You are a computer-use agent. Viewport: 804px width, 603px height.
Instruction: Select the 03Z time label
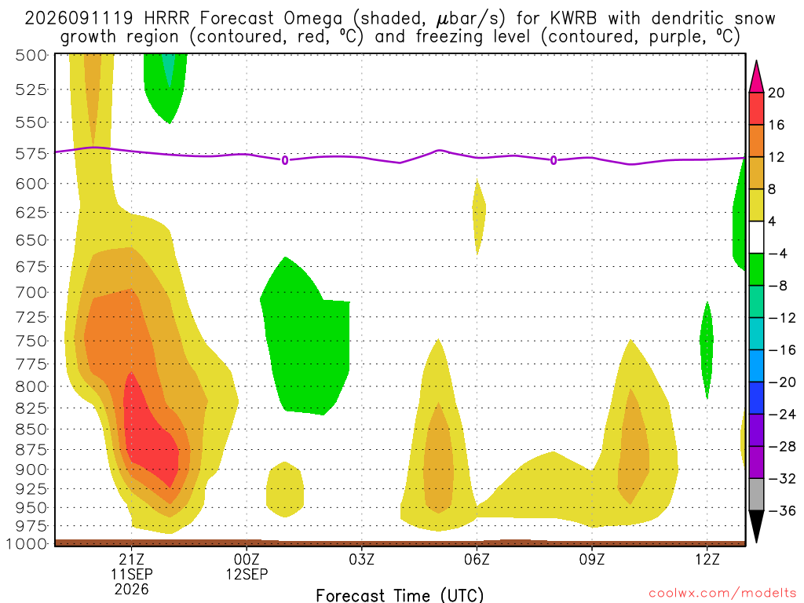pyautogui.click(x=361, y=559)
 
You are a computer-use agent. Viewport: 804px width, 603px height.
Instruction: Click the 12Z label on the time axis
pyautogui.click(x=707, y=559)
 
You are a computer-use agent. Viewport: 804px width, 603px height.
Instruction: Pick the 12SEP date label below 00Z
pyautogui.click(x=247, y=574)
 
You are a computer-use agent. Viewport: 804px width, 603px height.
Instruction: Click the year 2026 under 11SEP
pyautogui.click(x=132, y=590)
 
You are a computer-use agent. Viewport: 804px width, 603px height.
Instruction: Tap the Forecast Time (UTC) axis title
pyautogui.click(x=400, y=595)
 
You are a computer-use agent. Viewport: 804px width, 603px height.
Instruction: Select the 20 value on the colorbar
pyautogui.click(x=777, y=93)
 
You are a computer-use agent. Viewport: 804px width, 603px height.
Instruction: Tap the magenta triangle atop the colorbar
pyautogui.click(x=756, y=76)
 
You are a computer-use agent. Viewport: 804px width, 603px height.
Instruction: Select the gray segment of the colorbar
pyautogui.click(x=756, y=495)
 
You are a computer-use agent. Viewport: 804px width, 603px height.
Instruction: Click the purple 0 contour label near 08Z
pyautogui.click(x=554, y=160)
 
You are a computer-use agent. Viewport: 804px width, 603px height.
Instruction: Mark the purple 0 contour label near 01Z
pyautogui.click(x=284, y=160)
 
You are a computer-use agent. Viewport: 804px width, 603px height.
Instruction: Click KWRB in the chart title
pyautogui.click(x=572, y=19)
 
